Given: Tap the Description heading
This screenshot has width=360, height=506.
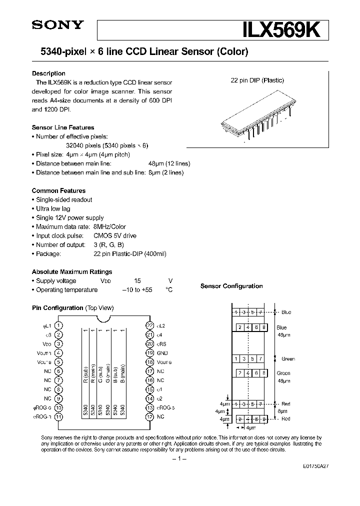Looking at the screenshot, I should pyautogui.click(x=48, y=73).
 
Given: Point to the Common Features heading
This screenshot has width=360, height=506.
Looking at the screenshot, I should pyautogui.click(x=58, y=190).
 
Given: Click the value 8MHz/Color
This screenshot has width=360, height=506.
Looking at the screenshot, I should pyautogui.click(x=109, y=226).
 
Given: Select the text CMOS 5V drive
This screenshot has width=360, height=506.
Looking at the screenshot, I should pyautogui.click(x=114, y=235).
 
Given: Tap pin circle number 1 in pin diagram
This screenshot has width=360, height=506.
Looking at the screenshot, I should pyautogui.click(x=58, y=325).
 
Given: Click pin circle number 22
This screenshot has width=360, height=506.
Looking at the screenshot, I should pyautogui.click(x=149, y=325).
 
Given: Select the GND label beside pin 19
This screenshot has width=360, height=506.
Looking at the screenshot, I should pyautogui.click(x=162, y=352).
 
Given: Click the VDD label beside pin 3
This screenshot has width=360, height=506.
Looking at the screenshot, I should pyautogui.click(x=46, y=343).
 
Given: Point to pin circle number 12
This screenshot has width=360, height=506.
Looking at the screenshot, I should pyautogui.click(x=149, y=416).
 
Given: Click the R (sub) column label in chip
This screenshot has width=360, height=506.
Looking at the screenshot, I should pyautogui.click(x=85, y=374).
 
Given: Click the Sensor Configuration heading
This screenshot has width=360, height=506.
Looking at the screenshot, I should pyautogui.click(x=231, y=286).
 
